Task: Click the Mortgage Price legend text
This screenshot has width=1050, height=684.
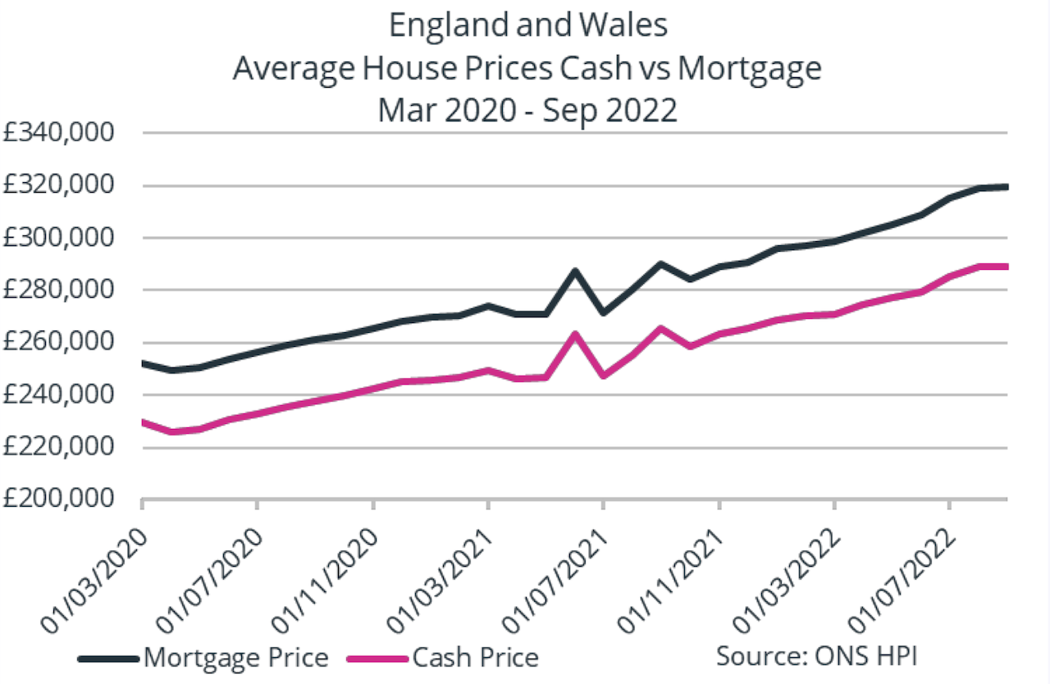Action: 235,657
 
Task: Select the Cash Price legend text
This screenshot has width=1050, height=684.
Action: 476,657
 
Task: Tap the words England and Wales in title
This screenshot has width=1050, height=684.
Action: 527,25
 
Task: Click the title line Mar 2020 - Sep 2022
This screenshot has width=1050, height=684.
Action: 527,109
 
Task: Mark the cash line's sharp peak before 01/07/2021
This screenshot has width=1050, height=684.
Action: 575,334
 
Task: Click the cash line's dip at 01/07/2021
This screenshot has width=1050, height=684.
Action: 604,375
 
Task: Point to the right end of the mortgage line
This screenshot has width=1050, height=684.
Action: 1006,187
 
